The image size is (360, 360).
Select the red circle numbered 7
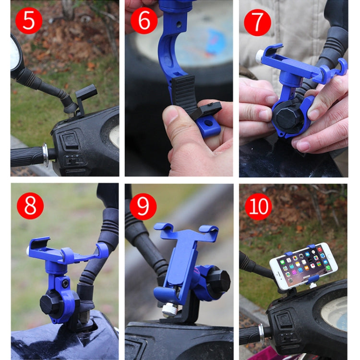(x=258, y=23)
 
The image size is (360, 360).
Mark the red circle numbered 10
(x=258, y=206)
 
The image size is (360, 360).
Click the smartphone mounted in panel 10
(x=303, y=265)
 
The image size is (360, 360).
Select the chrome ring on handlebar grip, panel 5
(x=45, y=156)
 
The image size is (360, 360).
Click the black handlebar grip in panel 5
(x=26, y=156)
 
